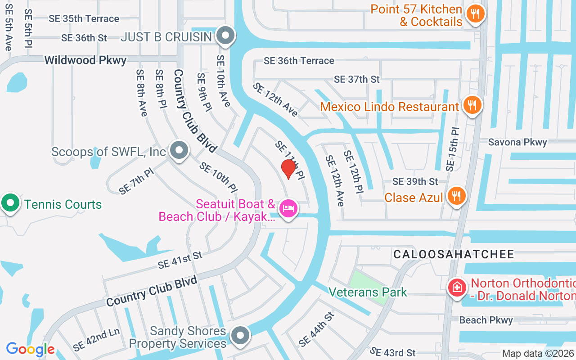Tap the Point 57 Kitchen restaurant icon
475,13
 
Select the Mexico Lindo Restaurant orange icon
472,106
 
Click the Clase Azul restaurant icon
456,196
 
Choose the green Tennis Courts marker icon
10,203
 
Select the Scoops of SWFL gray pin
180,151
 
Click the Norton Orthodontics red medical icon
457,287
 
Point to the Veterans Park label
368,292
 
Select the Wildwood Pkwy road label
85,60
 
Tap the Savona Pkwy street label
517,142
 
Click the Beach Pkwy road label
486,320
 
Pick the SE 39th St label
415,181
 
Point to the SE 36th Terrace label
299,61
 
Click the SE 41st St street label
180,260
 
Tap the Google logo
30,349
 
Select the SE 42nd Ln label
96,340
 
